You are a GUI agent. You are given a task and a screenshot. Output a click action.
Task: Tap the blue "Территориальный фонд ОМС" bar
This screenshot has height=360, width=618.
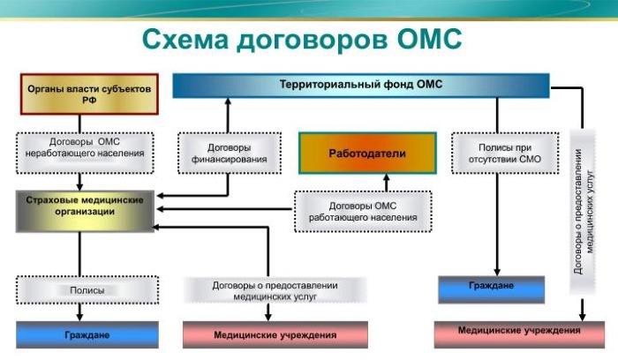[360, 85]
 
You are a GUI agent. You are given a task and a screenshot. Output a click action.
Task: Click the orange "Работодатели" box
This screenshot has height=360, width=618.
[366, 154]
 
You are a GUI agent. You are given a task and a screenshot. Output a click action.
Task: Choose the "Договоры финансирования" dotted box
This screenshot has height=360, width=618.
[228, 153]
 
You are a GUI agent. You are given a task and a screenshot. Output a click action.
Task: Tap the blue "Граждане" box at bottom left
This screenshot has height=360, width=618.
[87, 335]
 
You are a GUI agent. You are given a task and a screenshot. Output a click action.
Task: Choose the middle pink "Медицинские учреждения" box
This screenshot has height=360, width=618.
[275, 335]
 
